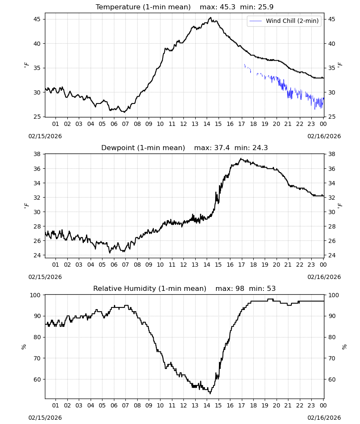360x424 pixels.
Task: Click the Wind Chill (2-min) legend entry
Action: click(x=284, y=21)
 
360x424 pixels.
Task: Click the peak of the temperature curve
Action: click(x=210, y=18)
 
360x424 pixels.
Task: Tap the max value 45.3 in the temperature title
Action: click(x=228, y=7)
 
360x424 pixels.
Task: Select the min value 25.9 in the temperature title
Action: click(x=266, y=7)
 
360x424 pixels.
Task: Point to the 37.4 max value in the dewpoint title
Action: click(x=222, y=148)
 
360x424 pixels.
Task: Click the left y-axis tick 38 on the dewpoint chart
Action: click(x=37, y=154)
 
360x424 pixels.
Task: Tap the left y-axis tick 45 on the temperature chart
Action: click(x=37, y=19)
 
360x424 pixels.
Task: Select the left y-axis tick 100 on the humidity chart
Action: click(x=35, y=295)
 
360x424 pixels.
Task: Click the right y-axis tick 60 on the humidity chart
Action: click(x=332, y=379)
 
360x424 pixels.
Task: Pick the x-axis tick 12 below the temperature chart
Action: click(x=184, y=124)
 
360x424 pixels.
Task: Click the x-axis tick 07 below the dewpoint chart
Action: click(x=125, y=265)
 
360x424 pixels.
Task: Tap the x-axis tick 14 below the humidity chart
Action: click(x=207, y=405)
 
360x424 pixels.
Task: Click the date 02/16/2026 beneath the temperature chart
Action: click(x=324, y=136)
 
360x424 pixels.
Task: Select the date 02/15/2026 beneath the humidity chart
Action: click(x=45, y=418)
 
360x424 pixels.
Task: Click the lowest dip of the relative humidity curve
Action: click(x=210, y=393)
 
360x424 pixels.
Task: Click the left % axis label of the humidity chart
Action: click(x=24, y=347)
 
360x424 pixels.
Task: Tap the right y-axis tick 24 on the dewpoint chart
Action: click(x=332, y=255)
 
